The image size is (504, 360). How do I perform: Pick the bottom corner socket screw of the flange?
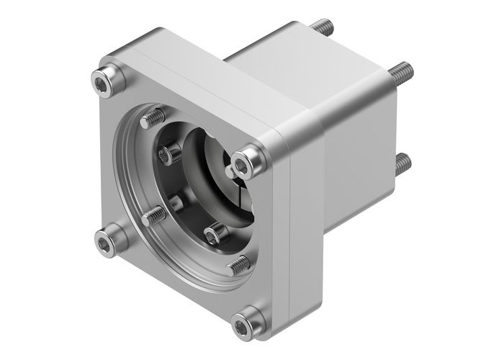coord(248,319)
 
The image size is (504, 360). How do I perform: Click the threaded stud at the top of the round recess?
coord(153,116)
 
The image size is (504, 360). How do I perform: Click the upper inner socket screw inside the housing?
coord(170,153)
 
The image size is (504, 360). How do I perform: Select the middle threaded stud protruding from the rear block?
coord(401,71)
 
